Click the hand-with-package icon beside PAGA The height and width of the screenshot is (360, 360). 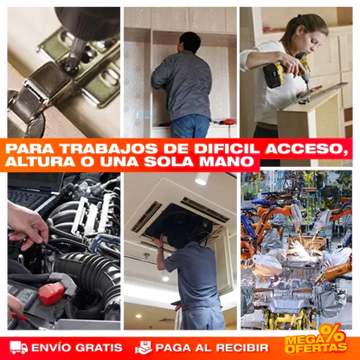(144, 347)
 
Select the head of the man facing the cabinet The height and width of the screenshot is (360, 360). (190, 42)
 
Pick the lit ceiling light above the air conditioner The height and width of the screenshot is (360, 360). (201, 178)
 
